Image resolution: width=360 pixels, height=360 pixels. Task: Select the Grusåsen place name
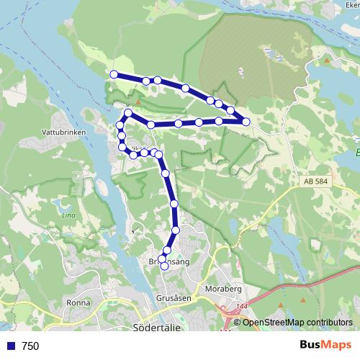[x=173, y=297]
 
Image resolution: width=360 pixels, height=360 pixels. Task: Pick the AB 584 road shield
[x=316, y=181]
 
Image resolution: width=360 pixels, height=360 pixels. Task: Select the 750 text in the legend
[x=30, y=346]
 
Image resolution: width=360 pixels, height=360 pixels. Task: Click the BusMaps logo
[x=325, y=346]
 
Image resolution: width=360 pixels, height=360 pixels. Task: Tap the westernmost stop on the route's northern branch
[x=114, y=74]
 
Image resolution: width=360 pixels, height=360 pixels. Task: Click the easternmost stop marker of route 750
[x=246, y=122]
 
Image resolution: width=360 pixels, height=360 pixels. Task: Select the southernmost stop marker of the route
[x=164, y=266]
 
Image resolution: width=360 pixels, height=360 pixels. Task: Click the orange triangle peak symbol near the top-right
[x=326, y=60]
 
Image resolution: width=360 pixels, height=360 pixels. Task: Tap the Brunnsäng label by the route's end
[x=168, y=262]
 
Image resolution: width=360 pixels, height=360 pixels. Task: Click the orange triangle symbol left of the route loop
[x=139, y=103]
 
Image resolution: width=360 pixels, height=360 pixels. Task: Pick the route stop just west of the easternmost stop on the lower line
[x=219, y=122]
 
